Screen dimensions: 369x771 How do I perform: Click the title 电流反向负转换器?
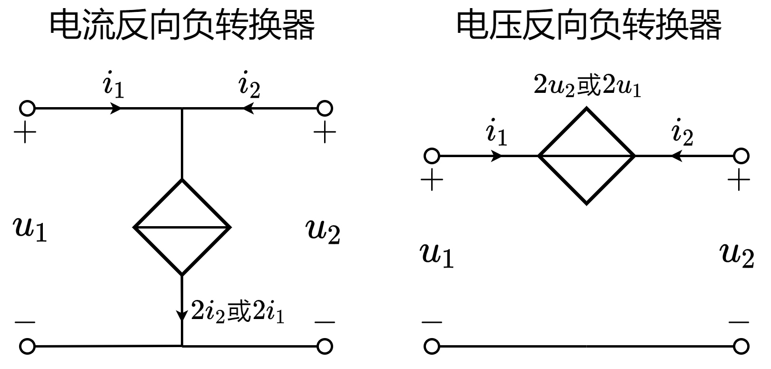point(182,25)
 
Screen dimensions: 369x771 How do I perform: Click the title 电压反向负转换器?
point(589,25)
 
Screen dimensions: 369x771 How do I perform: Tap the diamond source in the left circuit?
point(182,228)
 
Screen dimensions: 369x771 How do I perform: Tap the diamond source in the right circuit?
point(586,156)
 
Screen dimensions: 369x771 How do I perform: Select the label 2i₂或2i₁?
point(237,312)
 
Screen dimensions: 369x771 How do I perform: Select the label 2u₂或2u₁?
point(587,86)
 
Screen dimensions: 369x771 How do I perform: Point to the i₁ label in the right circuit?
point(496,133)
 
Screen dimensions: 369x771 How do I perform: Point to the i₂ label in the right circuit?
point(682,133)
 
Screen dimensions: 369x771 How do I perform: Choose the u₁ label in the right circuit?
point(437,255)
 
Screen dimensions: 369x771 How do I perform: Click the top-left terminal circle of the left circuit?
point(27,109)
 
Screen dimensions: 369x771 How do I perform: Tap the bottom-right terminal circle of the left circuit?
point(325,346)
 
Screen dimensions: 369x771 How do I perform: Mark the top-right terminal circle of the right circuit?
point(741,156)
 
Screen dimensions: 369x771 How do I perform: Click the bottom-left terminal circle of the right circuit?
point(432,346)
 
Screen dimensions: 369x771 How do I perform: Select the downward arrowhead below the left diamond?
point(182,315)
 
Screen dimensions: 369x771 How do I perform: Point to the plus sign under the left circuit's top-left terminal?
point(25,133)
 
